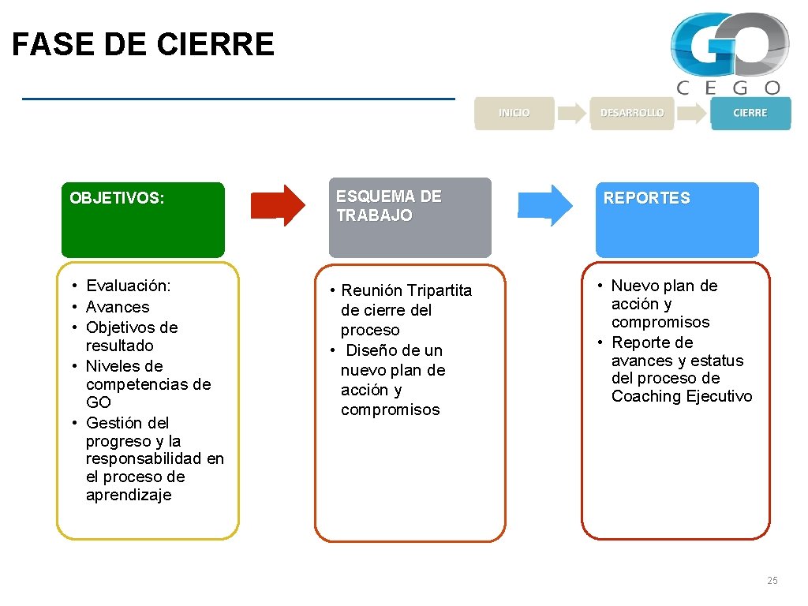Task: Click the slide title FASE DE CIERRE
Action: [x=143, y=44]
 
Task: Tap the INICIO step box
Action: [x=514, y=113]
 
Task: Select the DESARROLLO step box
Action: [x=632, y=113]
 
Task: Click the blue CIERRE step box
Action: [x=750, y=113]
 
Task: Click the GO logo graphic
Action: [x=729, y=44]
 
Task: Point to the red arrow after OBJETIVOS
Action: [x=277, y=205]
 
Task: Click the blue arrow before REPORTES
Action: [x=545, y=205]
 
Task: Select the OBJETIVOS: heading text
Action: [x=117, y=198]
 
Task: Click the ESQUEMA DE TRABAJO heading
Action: [x=389, y=206]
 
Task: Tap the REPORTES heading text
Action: [x=646, y=199]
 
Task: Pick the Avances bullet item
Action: [x=118, y=307]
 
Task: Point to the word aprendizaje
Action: [x=129, y=495]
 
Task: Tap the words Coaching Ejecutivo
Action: [x=682, y=396]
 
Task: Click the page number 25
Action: [x=772, y=581]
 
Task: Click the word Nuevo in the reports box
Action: [x=636, y=286]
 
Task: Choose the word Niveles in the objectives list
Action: [x=113, y=366]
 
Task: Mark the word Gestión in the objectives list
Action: [x=114, y=423]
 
